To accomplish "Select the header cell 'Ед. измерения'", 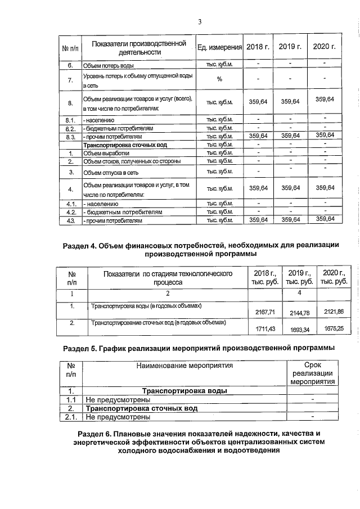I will [219, 46].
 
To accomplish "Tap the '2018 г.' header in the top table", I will [259, 46].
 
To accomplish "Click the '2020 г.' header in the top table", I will [323, 46].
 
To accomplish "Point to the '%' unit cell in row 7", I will [219, 79].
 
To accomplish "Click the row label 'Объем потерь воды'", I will [109, 66].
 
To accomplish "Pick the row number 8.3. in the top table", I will [71, 136].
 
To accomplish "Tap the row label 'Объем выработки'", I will [106, 153].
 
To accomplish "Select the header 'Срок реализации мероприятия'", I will [312, 373].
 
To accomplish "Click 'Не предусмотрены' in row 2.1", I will [118, 417].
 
